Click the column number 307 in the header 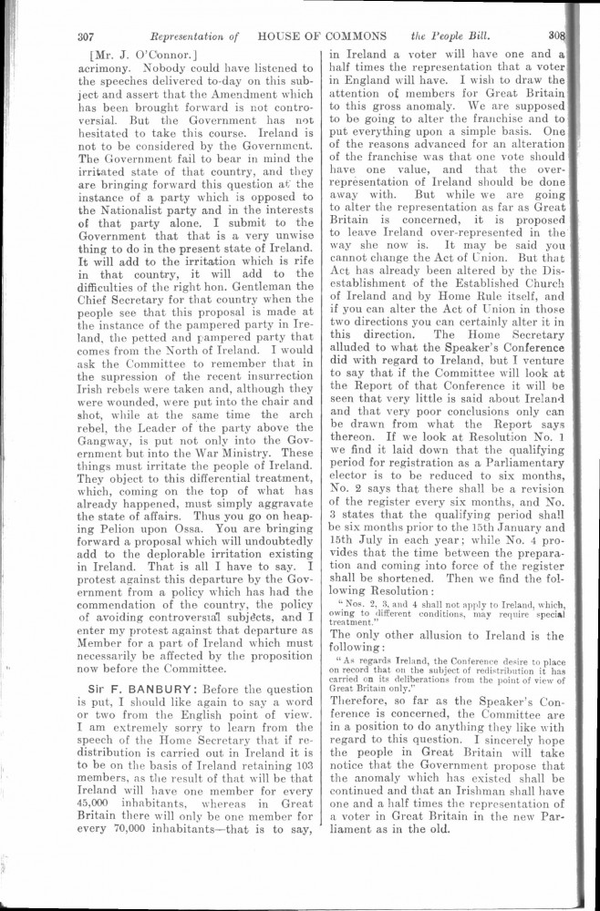[88, 38]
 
